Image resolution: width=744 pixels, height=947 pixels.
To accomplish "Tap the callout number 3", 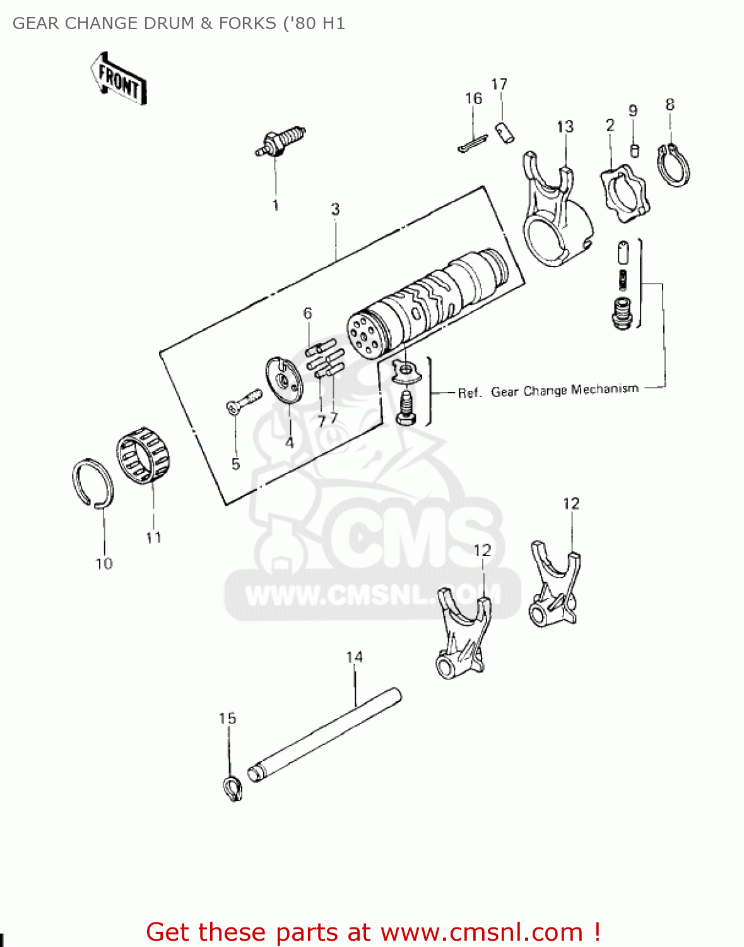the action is [x=335, y=209].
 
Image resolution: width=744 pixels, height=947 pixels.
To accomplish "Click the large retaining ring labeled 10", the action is [x=93, y=483].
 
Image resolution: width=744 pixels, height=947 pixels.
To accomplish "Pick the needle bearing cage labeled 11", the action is [x=145, y=454].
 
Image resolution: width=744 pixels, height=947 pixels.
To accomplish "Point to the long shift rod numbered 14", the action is [x=325, y=733].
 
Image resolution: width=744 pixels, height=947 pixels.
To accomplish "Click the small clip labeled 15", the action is [x=233, y=789].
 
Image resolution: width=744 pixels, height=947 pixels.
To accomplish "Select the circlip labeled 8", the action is [x=674, y=165].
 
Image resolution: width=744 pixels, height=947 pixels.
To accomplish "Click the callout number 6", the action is [x=307, y=313].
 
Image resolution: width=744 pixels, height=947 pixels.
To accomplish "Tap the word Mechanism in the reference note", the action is [x=604, y=389].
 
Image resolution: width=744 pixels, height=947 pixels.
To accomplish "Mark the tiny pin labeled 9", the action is [x=635, y=151].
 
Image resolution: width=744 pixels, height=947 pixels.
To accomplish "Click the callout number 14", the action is [x=354, y=657].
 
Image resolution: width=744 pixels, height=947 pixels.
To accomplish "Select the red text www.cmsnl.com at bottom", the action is [x=481, y=932].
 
